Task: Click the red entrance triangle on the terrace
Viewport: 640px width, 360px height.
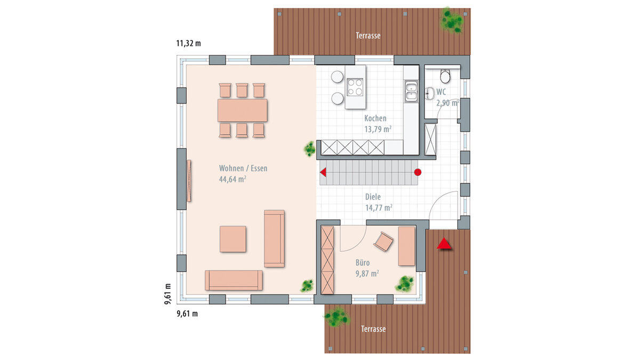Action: pyautogui.click(x=444, y=243)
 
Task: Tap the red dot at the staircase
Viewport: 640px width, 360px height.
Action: pyautogui.click(x=418, y=172)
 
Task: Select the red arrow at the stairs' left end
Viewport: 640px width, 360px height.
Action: pyautogui.click(x=323, y=172)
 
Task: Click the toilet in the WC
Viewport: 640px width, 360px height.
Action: pyautogui.click(x=445, y=75)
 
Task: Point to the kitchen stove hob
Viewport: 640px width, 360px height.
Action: pyautogui.click(x=355, y=87)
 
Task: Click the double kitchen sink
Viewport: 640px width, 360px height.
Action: pyautogui.click(x=411, y=91)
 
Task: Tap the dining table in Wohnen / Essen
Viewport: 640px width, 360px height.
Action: pyautogui.click(x=242, y=110)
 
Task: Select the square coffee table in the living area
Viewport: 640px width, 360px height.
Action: pyautogui.click(x=233, y=239)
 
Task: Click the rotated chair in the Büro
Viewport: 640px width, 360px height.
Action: pyautogui.click(x=383, y=242)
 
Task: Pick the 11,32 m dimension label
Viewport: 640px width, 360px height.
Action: pyautogui.click(x=189, y=43)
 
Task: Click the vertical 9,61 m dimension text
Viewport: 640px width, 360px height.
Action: pyautogui.click(x=168, y=294)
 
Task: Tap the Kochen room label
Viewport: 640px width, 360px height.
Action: pyautogui.click(x=375, y=118)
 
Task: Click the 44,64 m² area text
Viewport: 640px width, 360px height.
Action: pyautogui.click(x=233, y=179)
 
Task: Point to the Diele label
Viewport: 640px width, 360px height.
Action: pyautogui.click(x=373, y=197)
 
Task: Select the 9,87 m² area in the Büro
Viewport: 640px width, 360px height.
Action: pyautogui.click(x=367, y=274)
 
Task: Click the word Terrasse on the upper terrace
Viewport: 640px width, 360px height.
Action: pyautogui.click(x=368, y=36)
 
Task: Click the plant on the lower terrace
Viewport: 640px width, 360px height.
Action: pyautogui.click(x=337, y=317)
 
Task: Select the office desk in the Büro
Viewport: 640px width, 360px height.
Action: pyautogui.click(x=406, y=246)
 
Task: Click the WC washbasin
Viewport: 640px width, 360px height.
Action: pyautogui.click(x=429, y=93)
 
